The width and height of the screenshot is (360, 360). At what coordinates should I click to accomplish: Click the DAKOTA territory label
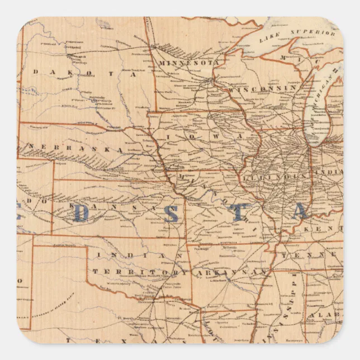[x=84, y=73]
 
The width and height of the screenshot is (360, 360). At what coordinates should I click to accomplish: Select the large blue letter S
[x=170, y=213]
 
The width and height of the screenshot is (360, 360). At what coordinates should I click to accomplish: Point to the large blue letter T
[x=238, y=213]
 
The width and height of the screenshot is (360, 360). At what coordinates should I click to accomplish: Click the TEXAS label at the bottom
[x=112, y=339]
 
